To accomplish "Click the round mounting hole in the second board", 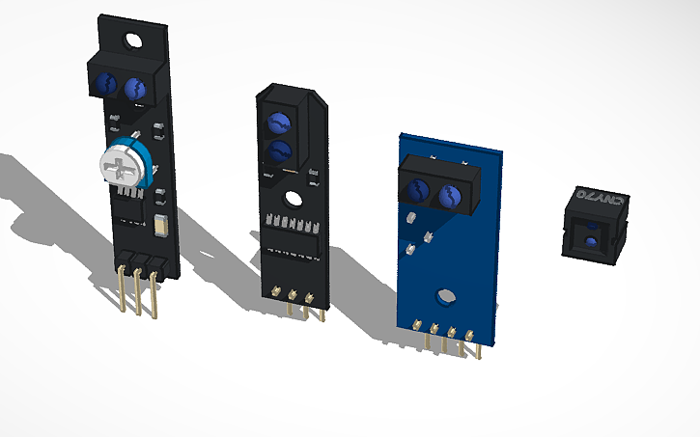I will tap(290, 199).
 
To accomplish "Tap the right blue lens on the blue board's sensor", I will tap(449, 198).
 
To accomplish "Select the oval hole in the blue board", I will tap(445, 296).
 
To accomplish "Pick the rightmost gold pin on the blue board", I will tap(471, 341).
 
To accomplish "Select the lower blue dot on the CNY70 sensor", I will tap(589, 239).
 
